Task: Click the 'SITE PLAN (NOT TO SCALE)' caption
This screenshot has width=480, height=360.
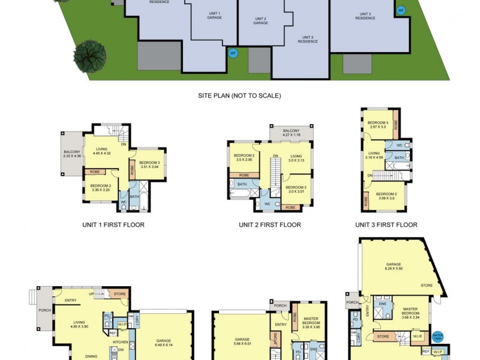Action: (239, 95)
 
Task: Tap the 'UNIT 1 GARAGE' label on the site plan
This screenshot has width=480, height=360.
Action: (214, 15)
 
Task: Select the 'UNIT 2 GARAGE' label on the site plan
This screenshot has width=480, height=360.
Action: (260, 20)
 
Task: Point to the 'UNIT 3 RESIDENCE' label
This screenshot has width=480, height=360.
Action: (365, 16)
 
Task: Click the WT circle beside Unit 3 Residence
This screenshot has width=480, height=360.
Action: (401, 11)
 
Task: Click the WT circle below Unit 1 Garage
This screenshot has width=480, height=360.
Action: (233, 53)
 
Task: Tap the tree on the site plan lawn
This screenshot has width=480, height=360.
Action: (90, 57)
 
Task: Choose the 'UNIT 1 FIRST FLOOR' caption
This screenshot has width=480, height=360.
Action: (113, 225)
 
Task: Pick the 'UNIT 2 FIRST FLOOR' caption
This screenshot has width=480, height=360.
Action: (269, 225)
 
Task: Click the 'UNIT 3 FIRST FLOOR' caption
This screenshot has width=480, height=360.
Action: (386, 225)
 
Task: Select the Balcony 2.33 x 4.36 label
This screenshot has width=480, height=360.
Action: (72, 154)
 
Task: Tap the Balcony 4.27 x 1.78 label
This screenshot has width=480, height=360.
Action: (291, 133)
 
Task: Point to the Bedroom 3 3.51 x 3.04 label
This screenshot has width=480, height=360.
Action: (149, 165)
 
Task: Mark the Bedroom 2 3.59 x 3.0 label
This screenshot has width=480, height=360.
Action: (386, 196)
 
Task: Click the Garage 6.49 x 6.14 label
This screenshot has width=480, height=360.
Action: (164, 343)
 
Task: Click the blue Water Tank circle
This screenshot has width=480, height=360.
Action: (437, 337)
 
